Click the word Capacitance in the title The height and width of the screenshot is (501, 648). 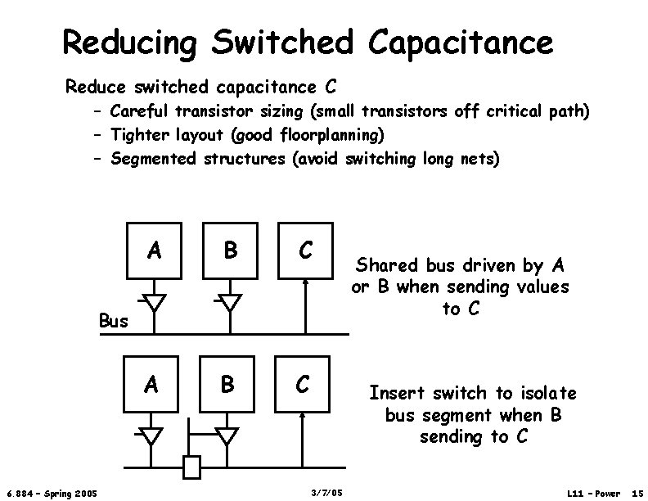(461, 41)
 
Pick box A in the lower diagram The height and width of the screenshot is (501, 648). (152, 383)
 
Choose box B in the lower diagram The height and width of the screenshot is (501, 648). (229, 383)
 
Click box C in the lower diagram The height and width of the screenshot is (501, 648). (303, 383)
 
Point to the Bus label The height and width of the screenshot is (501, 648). (114, 320)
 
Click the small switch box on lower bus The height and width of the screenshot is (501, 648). (191, 467)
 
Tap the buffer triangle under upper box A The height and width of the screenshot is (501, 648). (152, 300)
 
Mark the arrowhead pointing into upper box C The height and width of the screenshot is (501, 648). (305, 282)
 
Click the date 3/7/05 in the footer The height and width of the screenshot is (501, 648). (327, 492)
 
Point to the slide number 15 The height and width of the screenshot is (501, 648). (635, 492)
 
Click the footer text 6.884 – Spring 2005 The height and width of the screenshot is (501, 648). (52, 492)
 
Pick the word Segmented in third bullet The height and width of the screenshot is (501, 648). (153, 158)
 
